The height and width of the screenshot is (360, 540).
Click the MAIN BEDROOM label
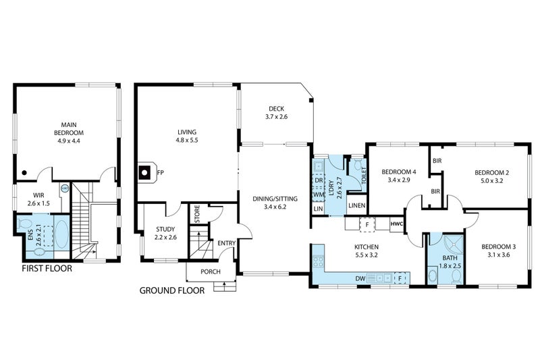click(68, 128)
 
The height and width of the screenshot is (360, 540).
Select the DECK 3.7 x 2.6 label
click(276, 112)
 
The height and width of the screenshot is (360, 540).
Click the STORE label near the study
click(197, 214)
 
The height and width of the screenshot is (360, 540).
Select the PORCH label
click(210, 272)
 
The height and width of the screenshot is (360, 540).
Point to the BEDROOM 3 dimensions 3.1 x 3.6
click(496, 255)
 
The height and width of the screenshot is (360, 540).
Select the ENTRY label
click(226, 244)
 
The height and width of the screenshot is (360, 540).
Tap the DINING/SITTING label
click(275, 203)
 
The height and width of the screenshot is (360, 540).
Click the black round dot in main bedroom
click(24, 173)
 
